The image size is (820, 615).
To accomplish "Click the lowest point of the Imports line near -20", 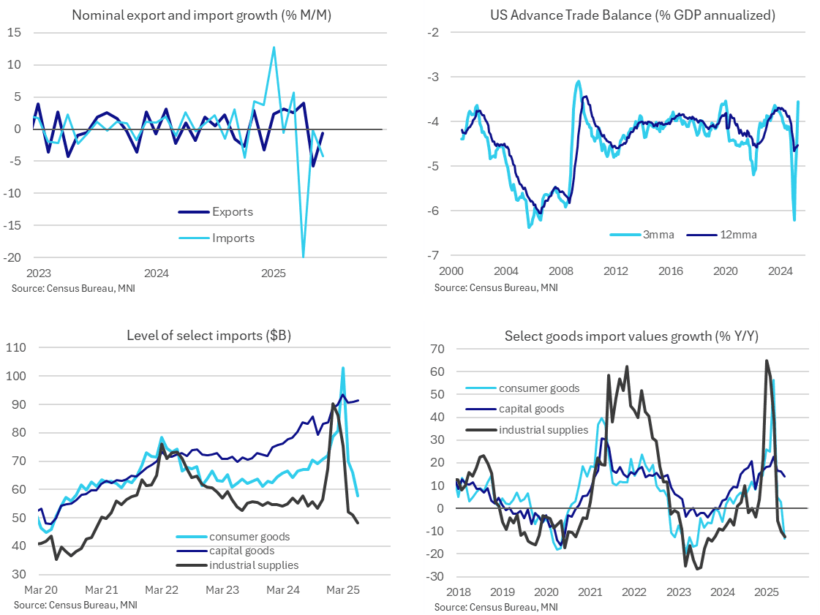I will tap(303, 257).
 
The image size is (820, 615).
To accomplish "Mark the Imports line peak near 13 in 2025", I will tap(274, 48).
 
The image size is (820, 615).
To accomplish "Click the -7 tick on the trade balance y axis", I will tap(434, 255).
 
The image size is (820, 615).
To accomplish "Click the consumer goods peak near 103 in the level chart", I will tap(343, 368).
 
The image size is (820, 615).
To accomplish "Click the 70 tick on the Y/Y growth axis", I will tap(437, 348).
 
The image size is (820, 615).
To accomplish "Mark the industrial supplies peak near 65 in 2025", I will tap(766, 361).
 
